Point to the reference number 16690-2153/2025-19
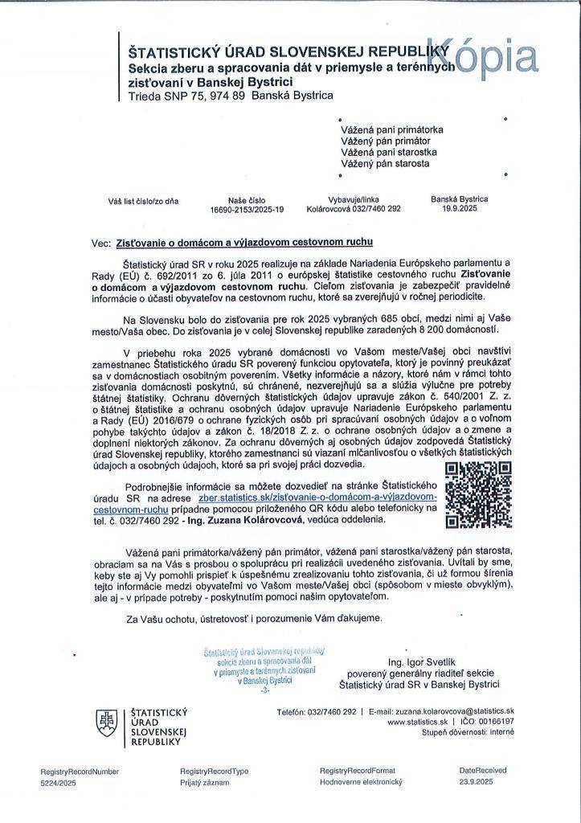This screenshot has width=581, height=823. pos(247,209)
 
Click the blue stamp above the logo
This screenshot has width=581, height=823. pos(264,666)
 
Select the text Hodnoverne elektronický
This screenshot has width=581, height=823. pos(360,782)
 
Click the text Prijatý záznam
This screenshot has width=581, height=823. pos(205,782)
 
